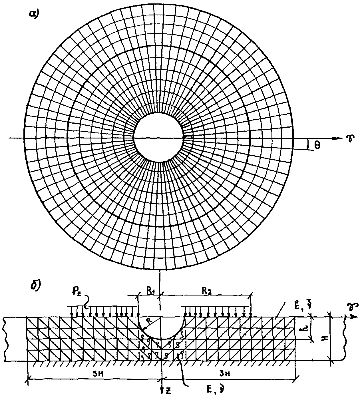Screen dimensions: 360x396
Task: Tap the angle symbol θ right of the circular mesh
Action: [317, 145]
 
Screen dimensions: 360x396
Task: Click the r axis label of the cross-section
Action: [349, 306]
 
